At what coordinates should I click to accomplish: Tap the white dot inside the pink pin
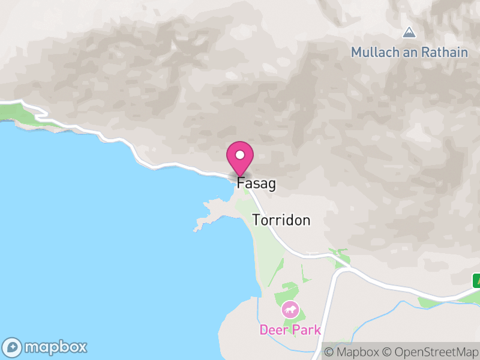click(240, 155)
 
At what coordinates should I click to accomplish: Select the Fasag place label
click(257, 184)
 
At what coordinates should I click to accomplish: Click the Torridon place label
click(281, 220)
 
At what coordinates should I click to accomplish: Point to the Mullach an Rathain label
click(409, 52)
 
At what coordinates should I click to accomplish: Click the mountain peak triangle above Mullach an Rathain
click(409, 32)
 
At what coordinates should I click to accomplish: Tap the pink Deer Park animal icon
click(290, 310)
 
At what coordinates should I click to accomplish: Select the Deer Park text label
click(290, 329)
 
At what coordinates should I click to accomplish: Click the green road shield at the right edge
click(476, 280)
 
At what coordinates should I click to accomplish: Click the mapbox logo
click(46, 347)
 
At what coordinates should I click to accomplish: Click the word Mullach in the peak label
click(373, 52)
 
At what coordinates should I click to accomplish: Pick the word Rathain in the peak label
click(444, 52)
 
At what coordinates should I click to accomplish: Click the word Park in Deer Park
click(307, 329)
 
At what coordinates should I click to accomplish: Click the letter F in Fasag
click(241, 184)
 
